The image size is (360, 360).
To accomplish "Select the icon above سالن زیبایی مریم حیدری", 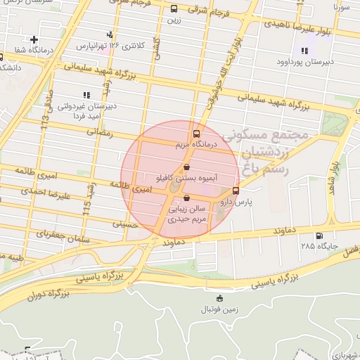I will (186, 198).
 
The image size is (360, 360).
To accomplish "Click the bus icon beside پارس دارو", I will (236, 190).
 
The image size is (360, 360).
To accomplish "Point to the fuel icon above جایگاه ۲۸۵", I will (320, 236).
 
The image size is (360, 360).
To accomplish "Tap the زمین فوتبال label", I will (219, 309).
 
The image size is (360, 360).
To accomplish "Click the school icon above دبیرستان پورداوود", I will (304, 50).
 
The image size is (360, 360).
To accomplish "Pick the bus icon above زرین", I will (174, 9).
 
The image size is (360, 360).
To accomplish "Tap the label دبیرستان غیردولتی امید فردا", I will (84, 111).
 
